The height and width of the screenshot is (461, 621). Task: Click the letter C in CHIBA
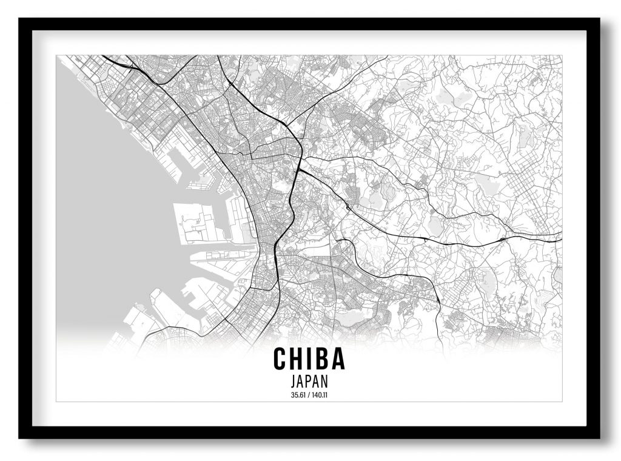coord(281,358)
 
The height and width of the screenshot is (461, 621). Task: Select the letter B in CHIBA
coord(323,358)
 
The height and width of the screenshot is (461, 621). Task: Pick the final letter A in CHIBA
coord(338,358)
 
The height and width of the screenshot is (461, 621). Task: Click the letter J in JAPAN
coord(294,382)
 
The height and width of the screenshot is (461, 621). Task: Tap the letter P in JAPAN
coord(309,382)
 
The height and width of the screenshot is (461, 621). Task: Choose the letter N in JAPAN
coord(325,382)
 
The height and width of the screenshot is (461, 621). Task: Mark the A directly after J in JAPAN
coord(301,382)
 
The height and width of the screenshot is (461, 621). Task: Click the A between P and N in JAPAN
coord(317,382)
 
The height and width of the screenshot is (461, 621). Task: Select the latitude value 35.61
coord(298,395)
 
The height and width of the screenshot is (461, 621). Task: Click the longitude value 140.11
coord(320,395)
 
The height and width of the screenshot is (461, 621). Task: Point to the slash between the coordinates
coord(308,395)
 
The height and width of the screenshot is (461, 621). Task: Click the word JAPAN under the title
coord(309,382)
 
